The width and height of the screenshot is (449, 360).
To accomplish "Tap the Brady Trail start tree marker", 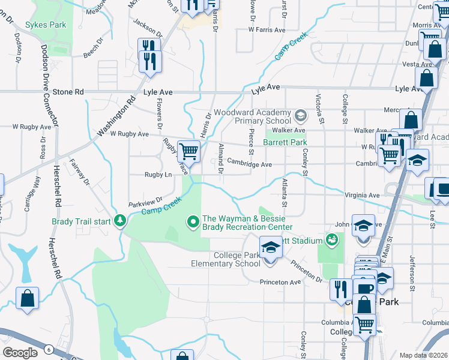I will [x=121, y=221].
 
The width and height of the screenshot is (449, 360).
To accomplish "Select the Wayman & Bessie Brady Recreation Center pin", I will [x=193, y=223].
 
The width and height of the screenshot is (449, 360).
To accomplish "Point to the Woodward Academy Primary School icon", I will [x=300, y=113].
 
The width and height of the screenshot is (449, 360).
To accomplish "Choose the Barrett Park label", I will [x=285, y=143].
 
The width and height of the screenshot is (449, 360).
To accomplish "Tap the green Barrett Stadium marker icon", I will [x=331, y=240].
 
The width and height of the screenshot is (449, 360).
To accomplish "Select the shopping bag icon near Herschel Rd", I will [x=27, y=298].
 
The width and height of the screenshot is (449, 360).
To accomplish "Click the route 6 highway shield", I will [x=47, y=348].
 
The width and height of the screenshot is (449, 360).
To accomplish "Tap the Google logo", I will [x=20, y=352].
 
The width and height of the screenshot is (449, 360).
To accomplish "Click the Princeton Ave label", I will [x=280, y=282].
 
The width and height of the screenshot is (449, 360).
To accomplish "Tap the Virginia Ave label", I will [x=362, y=195].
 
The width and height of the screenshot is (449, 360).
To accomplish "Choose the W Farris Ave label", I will [x=262, y=29].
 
